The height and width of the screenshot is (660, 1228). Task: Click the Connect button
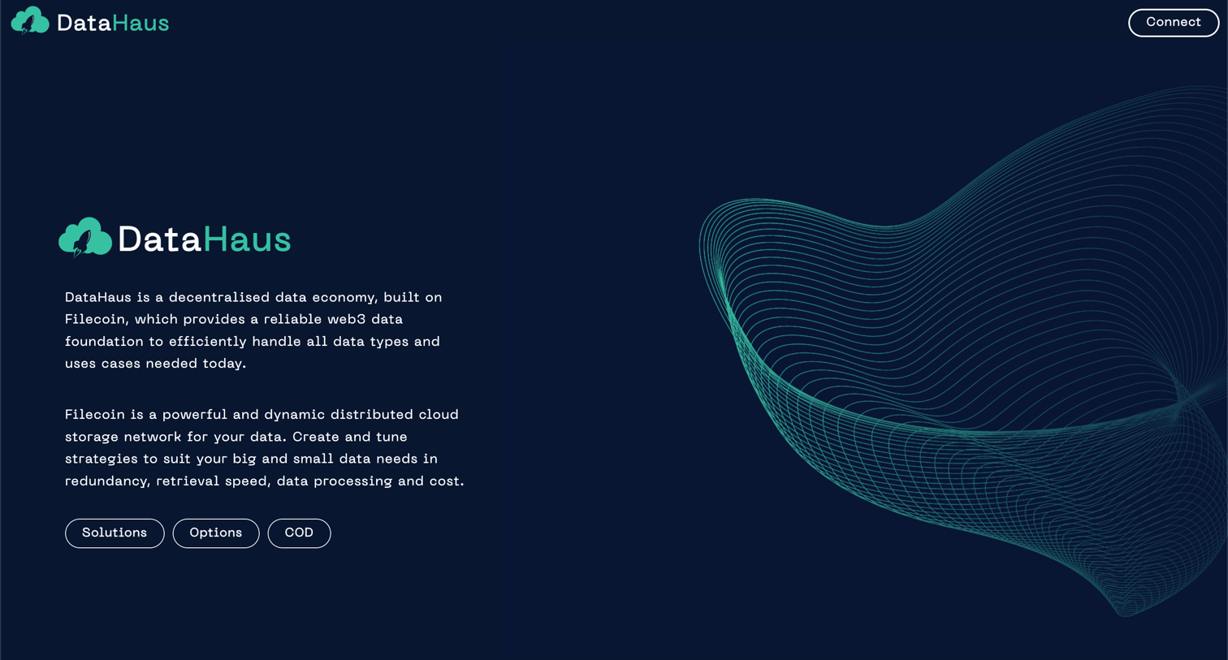click(1173, 23)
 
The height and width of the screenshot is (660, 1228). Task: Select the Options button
click(215, 533)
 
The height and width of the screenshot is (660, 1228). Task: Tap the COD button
click(299, 533)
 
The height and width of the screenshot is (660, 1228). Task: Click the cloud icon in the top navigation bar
click(30, 21)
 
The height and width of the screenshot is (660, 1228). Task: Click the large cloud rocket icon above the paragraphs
click(84, 237)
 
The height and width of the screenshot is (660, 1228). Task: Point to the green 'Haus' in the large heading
click(247, 239)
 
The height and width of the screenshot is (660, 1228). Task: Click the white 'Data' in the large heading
click(159, 239)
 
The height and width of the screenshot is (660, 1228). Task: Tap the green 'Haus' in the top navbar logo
click(141, 23)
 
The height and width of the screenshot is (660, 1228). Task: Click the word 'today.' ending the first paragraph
click(224, 363)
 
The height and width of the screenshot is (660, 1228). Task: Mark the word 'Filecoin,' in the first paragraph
click(96, 319)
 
